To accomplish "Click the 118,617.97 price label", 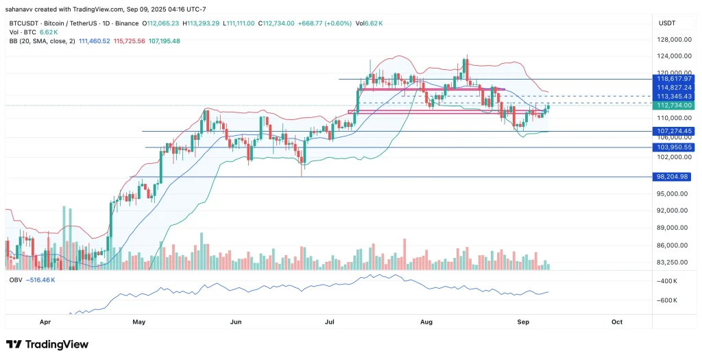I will (675, 79).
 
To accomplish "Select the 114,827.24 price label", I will (675, 88).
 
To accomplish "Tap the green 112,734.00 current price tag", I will (675, 106).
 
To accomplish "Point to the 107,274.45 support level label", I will (675, 131).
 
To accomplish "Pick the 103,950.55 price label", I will (675, 147).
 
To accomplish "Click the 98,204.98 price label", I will (675, 177).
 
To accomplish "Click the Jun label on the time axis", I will (237, 321).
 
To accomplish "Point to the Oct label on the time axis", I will (616, 321).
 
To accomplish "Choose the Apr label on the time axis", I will (45, 321).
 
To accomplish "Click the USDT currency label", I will (667, 23).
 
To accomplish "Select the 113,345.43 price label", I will (675, 97).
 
